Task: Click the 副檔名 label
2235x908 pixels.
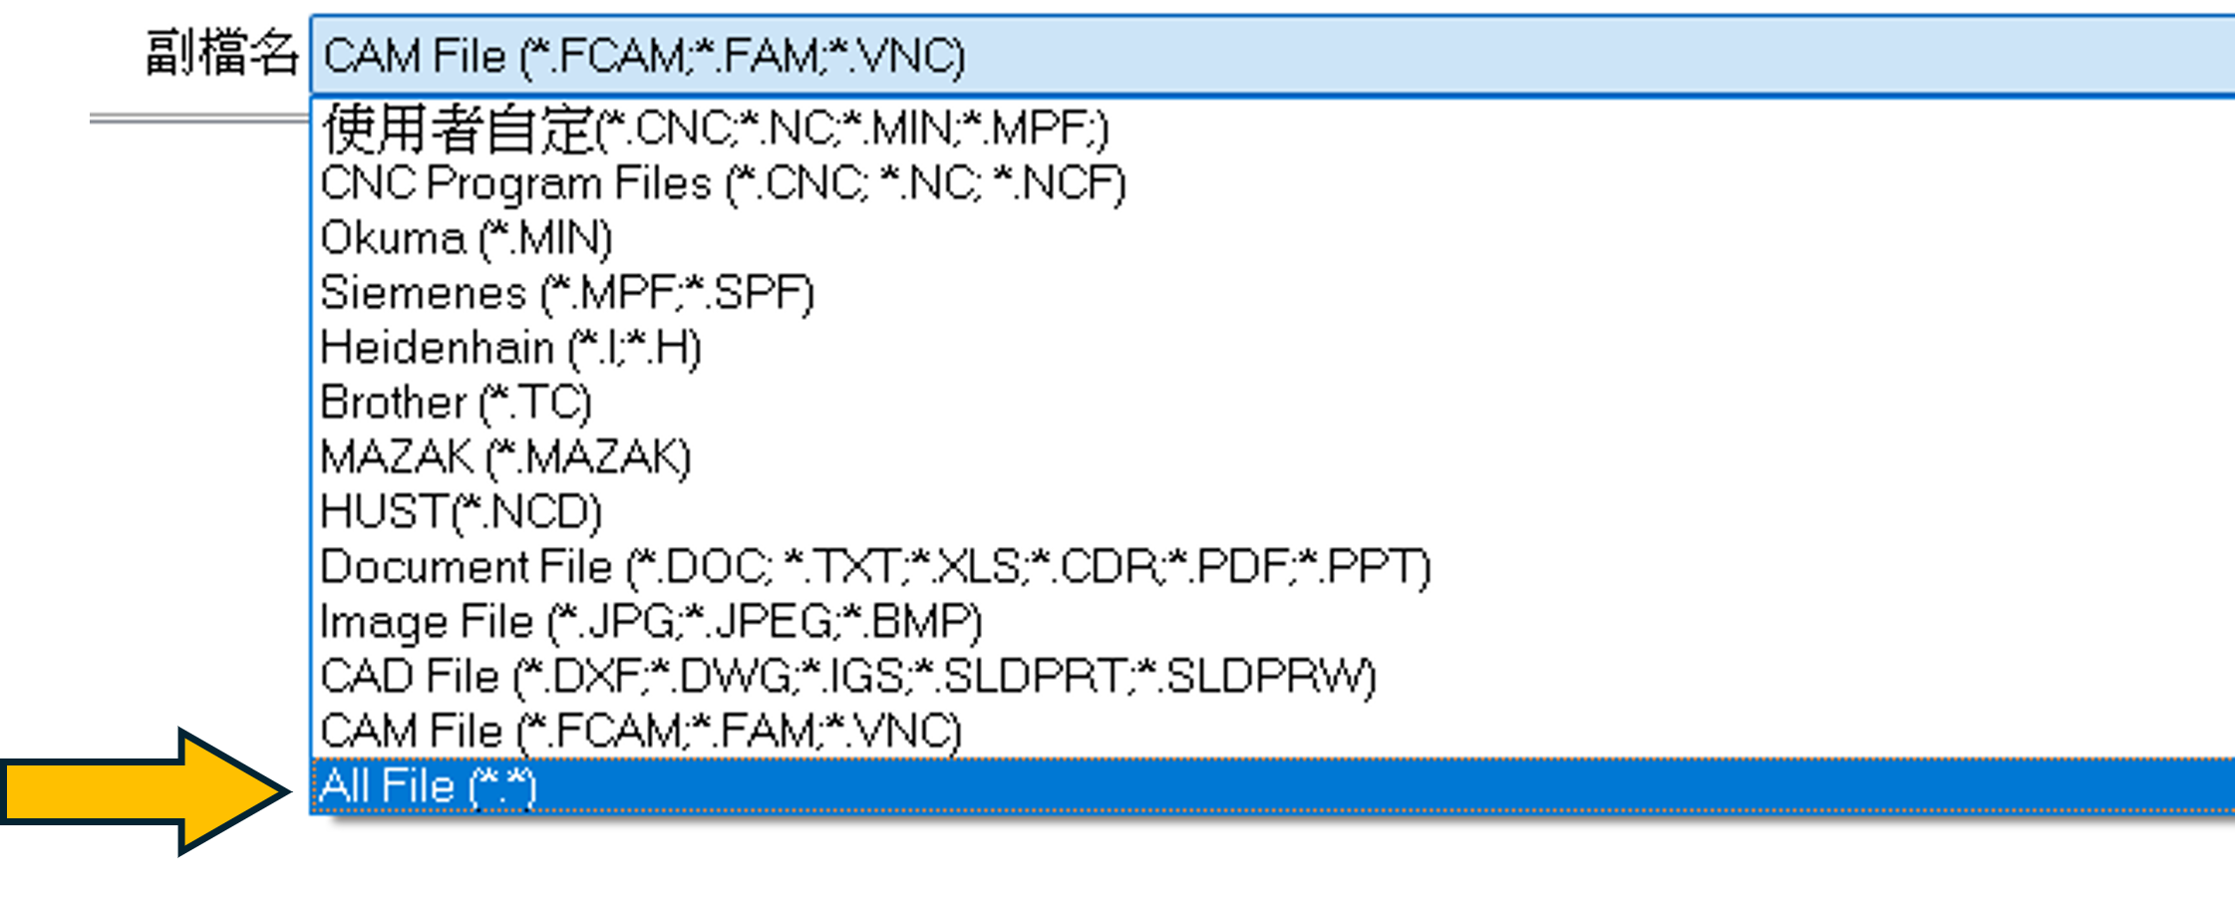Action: [x=221, y=53]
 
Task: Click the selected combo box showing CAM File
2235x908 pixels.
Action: [x=1273, y=56]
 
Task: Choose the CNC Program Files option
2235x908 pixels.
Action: [x=723, y=183]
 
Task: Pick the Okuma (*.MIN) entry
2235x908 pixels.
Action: [x=467, y=238]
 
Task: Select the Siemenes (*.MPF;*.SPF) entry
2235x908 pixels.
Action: [x=567, y=293]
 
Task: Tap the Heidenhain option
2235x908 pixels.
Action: [x=511, y=348]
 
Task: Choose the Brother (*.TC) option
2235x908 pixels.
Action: [x=457, y=403]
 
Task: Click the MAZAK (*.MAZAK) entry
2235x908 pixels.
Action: [x=505, y=457]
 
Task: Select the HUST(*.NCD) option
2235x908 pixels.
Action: [x=462, y=512]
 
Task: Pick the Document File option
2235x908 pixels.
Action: [x=875, y=567]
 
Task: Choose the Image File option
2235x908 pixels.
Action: [x=651, y=622]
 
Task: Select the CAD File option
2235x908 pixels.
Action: [x=848, y=677]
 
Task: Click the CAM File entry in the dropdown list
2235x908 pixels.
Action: [x=641, y=732]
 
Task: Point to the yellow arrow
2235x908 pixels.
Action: [x=147, y=791]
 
